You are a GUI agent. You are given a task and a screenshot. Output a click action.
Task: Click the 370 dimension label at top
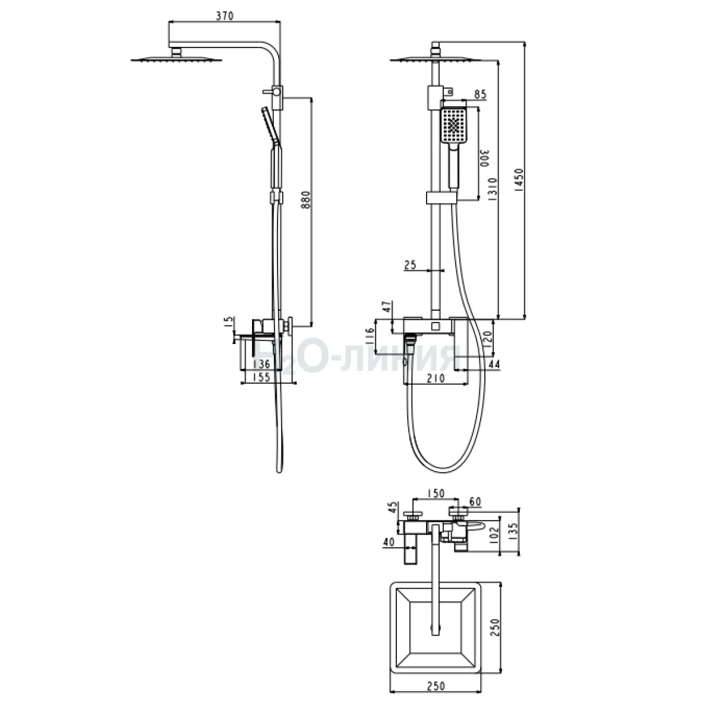pos(225,16)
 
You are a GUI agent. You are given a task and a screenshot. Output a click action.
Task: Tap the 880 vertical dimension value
pos(306,200)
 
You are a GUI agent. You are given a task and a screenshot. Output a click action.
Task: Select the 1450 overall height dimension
pos(519,180)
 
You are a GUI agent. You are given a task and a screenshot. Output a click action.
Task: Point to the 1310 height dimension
pos(493,190)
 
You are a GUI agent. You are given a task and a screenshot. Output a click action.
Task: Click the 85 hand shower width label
pos(480,94)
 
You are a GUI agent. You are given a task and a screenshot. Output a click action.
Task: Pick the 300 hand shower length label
pos(484,159)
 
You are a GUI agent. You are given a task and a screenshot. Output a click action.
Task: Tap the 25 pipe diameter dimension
pos(410,265)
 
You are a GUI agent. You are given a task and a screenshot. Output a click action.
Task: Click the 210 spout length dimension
pos(436,378)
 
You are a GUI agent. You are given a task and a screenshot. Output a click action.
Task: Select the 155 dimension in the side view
pos(261,377)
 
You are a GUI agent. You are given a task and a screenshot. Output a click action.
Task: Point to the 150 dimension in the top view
pos(436,494)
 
